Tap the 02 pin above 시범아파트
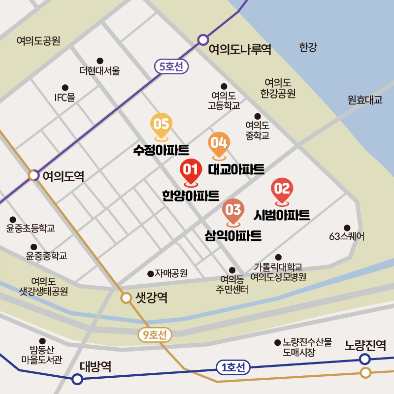point(282,189)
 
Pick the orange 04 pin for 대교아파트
point(219,143)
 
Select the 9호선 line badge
point(155,335)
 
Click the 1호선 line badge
point(233,367)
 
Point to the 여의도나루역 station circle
point(203,40)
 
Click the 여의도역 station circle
point(33,175)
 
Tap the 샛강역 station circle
point(127,297)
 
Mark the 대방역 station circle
point(77,379)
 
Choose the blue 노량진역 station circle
point(365,359)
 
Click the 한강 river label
point(308,48)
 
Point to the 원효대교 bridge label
point(364,100)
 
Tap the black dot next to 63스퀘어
point(347,228)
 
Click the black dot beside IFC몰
point(65,87)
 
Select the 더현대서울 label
point(99,70)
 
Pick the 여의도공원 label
point(38,41)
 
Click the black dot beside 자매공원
point(150,273)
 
